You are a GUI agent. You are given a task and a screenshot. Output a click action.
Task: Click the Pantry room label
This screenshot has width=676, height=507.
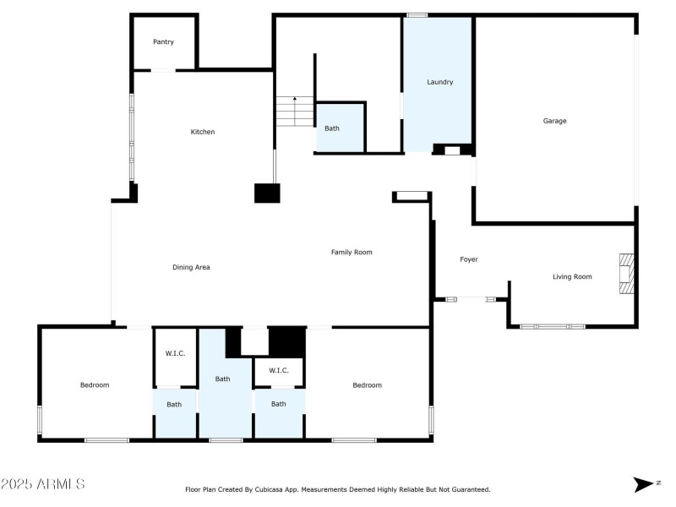163,41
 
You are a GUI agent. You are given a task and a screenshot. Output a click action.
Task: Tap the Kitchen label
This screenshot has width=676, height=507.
203,132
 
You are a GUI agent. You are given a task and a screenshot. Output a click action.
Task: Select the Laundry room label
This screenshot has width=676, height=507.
439,82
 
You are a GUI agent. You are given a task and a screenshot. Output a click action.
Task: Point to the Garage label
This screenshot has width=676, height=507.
554,121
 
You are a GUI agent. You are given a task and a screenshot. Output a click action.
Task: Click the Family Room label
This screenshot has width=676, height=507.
352,252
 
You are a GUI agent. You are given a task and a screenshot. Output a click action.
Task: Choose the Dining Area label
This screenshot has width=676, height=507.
191,267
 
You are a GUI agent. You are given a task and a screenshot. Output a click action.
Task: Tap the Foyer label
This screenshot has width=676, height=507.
469,259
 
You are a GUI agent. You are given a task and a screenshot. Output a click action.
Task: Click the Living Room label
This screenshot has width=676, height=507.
572,277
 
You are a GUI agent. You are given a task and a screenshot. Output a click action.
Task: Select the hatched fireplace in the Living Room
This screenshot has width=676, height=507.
626,274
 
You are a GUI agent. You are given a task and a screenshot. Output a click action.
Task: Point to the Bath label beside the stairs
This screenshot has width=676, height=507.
331,128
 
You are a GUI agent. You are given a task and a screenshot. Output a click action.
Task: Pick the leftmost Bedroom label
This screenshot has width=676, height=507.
95,385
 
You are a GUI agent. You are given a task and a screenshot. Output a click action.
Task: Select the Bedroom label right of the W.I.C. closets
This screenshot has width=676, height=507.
367,385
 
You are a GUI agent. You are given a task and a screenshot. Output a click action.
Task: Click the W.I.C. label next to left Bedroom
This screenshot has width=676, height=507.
175,353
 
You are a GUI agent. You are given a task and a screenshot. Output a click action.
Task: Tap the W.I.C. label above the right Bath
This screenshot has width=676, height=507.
279,370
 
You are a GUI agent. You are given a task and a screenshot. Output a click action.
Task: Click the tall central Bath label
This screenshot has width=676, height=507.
222,379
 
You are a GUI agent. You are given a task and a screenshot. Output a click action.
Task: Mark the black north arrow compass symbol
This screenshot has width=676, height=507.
644,484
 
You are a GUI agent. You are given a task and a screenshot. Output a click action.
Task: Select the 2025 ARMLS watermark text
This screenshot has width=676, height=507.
43,483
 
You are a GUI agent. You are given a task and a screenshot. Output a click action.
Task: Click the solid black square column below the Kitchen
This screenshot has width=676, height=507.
267,194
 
